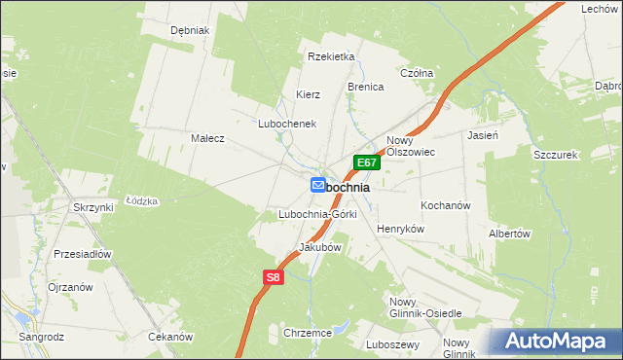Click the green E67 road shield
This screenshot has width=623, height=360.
[365, 162]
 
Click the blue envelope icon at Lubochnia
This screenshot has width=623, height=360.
[318, 185]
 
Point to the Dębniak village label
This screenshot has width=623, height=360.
[190, 30]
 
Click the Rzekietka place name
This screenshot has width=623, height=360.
[330, 56]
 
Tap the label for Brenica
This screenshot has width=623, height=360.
[366, 87]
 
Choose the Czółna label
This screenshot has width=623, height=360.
[417, 73]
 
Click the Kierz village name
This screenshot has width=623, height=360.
[309, 94]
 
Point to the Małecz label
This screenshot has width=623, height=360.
[207, 138]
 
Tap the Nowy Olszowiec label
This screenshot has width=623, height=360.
[410, 146]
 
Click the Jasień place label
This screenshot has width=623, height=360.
[483, 136]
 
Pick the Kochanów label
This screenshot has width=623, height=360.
[446, 206]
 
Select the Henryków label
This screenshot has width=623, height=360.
[401, 228]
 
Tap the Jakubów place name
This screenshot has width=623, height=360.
[319, 247]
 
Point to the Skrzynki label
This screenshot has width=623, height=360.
[93, 207]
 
